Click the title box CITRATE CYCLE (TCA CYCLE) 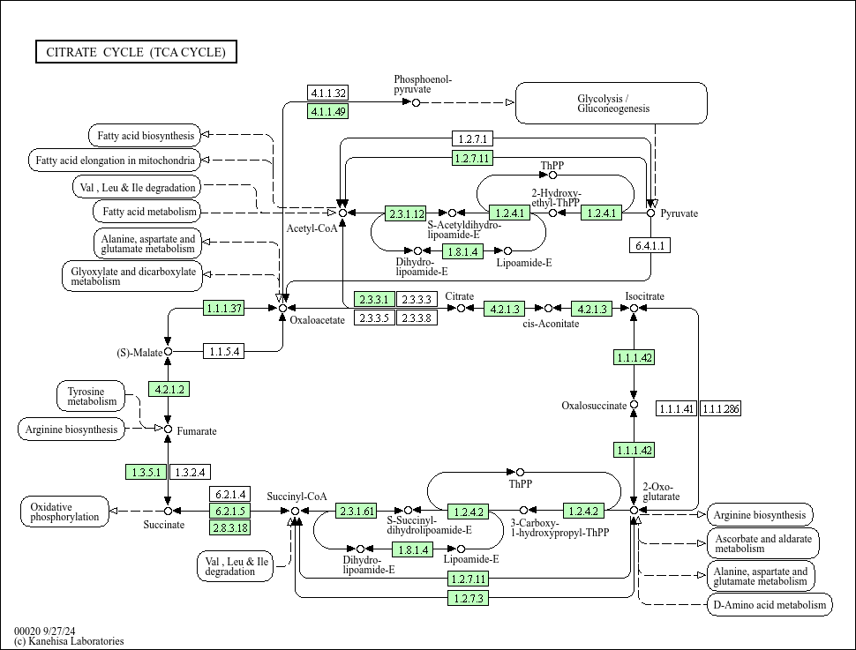(x=136, y=52)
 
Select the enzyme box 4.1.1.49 (x=327, y=111)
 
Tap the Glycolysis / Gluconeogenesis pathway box (x=612, y=103)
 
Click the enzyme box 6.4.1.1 (x=650, y=245)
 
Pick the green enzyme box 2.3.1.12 (x=406, y=213)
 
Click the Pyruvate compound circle (x=651, y=213)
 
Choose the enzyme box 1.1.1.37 (x=223, y=309)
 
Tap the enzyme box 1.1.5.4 (x=223, y=352)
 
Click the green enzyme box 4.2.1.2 (x=169, y=389)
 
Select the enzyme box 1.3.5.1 (x=146, y=473)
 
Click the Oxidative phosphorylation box (x=64, y=512)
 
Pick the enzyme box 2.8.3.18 (x=229, y=527)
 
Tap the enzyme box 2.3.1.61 (x=357, y=511)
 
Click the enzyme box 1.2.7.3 (x=468, y=598)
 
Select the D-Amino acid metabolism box (x=770, y=604)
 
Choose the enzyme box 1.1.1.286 (x=721, y=408)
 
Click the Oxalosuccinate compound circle (x=634, y=406)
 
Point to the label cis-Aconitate (x=551, y=324)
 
